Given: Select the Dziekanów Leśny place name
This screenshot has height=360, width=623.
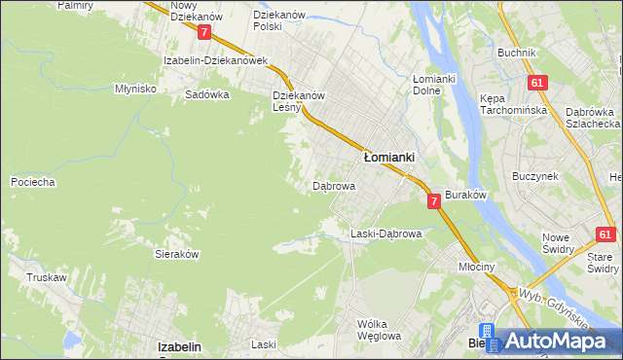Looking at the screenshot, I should coord(298,101).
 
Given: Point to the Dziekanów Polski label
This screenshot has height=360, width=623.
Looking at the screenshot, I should coord(280,20).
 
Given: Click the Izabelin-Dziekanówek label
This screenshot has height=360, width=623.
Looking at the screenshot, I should coord(215,59).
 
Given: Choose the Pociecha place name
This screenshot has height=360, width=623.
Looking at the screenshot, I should coord(32,182).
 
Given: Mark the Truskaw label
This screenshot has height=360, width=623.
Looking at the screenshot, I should coord(47,277).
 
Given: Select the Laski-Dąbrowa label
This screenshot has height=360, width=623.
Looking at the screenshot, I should coord(385,234).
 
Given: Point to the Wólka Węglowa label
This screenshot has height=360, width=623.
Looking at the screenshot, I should coord(379,330).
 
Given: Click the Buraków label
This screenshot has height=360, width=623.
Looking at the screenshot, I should coord(465,195).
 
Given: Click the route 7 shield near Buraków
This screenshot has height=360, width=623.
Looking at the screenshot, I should coord(434,200).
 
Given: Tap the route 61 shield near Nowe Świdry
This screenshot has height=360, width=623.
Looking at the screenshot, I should coord(605,234).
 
